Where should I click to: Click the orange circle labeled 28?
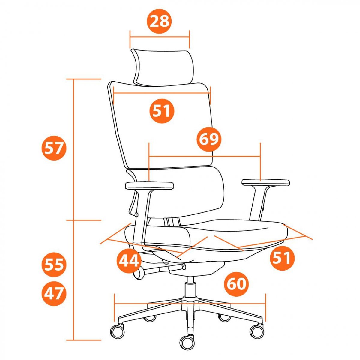point(160,21)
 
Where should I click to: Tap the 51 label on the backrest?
point(162,111)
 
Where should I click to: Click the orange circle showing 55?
point(54,265)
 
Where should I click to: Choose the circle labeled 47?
point(54,293)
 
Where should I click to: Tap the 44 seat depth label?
point(129,261)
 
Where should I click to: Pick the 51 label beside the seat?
point(282,258)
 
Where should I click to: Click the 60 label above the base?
point(236,284)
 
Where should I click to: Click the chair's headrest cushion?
point(163,68)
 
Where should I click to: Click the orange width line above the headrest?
point(160,37)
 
